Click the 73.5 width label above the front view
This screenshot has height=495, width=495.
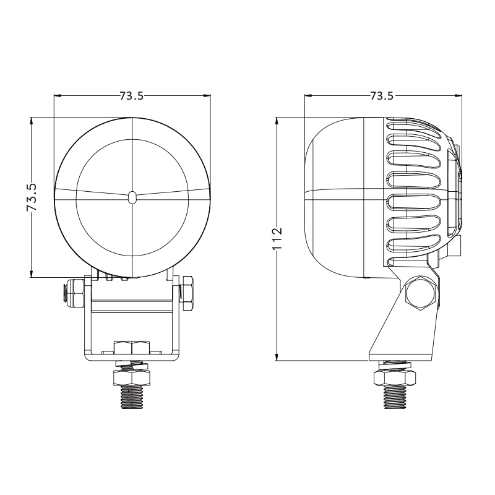(x=132, y=96)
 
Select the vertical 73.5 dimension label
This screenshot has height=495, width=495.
(x=32, y=197)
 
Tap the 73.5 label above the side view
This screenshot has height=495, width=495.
(x=382, y=96)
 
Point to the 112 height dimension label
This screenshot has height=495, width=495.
(x=277, y=238)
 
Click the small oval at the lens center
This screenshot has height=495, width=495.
(x=132, y=197)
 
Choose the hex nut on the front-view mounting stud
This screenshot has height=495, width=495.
(x=132, y=377)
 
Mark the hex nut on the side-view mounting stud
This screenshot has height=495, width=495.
(x=394, y=378)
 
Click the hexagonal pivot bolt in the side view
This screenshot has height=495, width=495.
(x=420, y=293)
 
